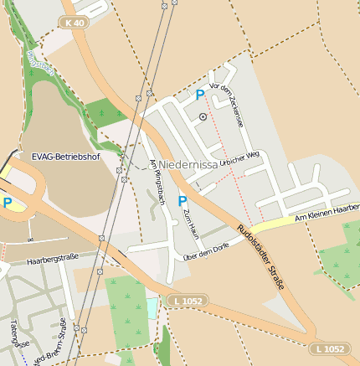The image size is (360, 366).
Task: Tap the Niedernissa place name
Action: pyautogui.click(x=188, y=166)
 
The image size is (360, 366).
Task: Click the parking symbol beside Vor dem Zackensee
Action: pyautogui.click(x=200, y=95)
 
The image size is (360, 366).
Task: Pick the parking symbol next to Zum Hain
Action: pyautogui.click(x=183, y=201)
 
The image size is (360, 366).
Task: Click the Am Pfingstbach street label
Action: pyautogui.click(x=155, y=178)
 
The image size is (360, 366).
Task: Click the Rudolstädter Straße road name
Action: pyautogui.click(x=260, y=257)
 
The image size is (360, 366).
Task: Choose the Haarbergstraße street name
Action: pyautogui.click(x=52, y=260)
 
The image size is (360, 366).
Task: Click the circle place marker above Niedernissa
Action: pyautogui.click(x=203, y=118)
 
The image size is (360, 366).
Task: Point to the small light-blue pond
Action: pyautogui.click(x=152, y=307)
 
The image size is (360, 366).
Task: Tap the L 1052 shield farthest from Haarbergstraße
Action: pyautogui.click(x=328, y=348)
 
